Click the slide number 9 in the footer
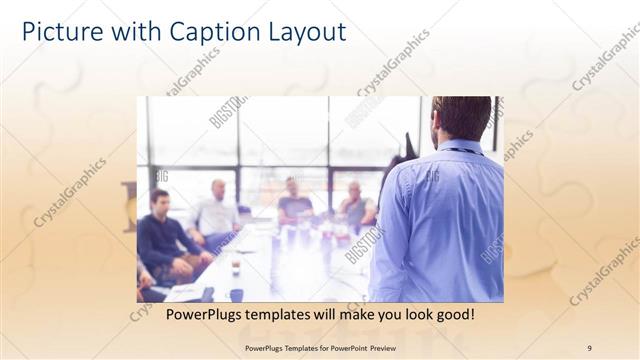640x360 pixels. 589,348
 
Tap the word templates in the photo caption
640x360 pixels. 283,314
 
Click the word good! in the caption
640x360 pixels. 450,314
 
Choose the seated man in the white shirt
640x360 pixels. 216,215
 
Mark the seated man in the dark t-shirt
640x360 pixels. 294,205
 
